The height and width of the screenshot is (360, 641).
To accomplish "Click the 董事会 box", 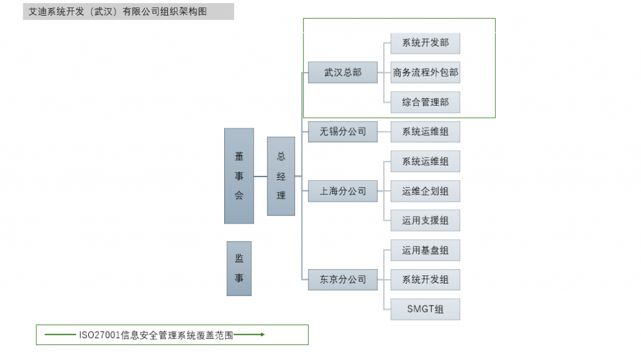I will [x=239, y=176].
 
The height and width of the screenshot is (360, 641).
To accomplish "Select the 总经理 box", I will [x=281, y=176].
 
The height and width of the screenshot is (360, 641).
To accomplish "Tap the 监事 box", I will [x=239, y=269].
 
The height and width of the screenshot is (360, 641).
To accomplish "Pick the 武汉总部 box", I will [x=342, y=73].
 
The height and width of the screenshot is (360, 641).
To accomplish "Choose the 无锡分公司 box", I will [x=342, y=131].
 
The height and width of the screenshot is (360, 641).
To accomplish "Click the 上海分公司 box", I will [x=342, y=191].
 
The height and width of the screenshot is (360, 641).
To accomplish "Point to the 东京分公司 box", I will [x=342, y=279].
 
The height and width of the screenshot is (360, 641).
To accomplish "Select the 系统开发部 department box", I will [x=425, y=43].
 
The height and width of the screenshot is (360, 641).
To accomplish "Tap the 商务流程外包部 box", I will [x=425, y=73].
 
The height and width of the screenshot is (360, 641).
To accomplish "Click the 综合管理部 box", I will [x=425, y=102].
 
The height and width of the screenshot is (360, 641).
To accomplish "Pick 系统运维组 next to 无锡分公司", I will [x=425, y=131].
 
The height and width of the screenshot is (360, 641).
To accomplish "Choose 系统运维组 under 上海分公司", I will [x=425, y=162].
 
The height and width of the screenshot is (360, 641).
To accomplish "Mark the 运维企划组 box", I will [x=425, y=191].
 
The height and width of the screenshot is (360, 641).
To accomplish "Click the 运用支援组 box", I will [x=425, y=220].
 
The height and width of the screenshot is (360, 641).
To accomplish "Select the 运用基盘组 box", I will [x=425, y=250].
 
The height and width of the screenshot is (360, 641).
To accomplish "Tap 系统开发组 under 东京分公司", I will [x=425, y=279].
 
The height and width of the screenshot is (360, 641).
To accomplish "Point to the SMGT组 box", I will [x=425, y=309].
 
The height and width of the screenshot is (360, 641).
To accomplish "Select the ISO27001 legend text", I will [x=156, y=335].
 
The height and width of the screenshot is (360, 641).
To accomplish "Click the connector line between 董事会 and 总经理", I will [x=260, y=176].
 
